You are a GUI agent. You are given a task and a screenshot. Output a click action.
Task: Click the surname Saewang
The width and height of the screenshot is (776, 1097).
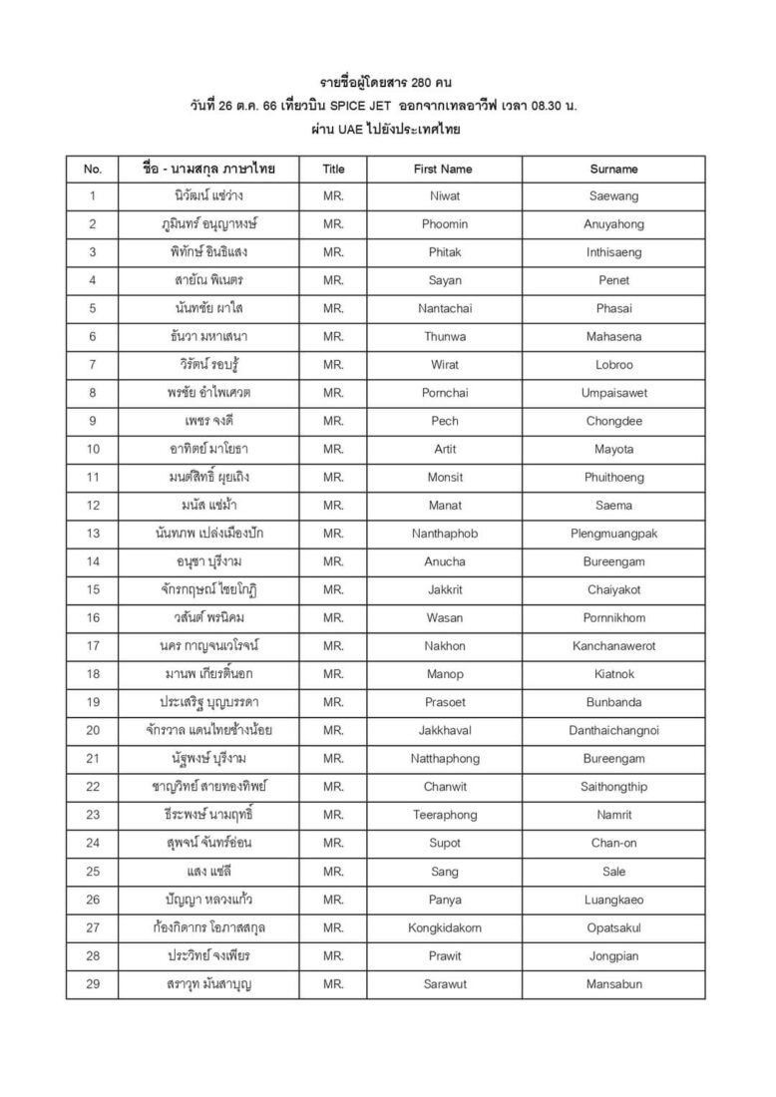pyautogui.click(x=613, y=196)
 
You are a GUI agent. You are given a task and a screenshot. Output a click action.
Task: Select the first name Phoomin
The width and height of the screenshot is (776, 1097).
pyautogui.click(x=444, y=224)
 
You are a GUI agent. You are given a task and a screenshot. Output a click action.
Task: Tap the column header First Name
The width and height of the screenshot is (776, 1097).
pyautogui.click(x=444, y=169)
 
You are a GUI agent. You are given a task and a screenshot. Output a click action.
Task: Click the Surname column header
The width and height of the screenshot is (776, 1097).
pyautogui.click(x=613, y=169)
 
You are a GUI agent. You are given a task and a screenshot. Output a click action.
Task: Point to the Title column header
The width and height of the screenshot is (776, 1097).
pyautogui.click(x=334, y=169)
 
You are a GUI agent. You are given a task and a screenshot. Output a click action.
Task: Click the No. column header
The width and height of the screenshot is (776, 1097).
pyautogui.click(x=93, y=169)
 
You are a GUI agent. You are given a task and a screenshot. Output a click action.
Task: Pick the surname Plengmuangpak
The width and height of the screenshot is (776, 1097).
pyautogui.click(x=613, y=534)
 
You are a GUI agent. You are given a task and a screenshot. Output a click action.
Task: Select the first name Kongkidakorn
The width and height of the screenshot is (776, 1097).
pyautogui.click(x=444, y=927)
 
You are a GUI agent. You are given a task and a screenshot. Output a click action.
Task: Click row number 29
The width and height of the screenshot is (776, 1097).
pyautogui.click(x=93, y=984)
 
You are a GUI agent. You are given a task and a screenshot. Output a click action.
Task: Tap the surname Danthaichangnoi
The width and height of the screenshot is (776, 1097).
pyautogui.click(x=613, y=730)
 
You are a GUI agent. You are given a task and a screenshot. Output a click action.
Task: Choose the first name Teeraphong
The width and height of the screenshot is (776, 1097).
pyautogui.click(x=444, y=815)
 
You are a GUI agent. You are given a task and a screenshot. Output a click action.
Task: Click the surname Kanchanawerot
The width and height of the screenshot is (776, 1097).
pyautogui.click(x=613, y=646)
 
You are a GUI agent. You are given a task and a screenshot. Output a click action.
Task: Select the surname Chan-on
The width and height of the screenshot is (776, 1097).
pyautogui.click(x=613, y=843)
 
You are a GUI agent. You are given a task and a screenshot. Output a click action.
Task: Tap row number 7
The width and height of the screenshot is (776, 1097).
pyautogui.click(x=93, y=365)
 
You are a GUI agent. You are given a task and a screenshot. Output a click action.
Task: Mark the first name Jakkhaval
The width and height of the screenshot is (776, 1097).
pyautogui.click(x=444, y=730)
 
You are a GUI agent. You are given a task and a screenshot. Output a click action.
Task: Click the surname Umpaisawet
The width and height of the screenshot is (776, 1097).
pyautogui.click(x=613, y=393)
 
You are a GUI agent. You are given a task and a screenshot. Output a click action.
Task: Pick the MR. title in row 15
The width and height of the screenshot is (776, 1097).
pyautogui.click(x=334, y=589)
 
